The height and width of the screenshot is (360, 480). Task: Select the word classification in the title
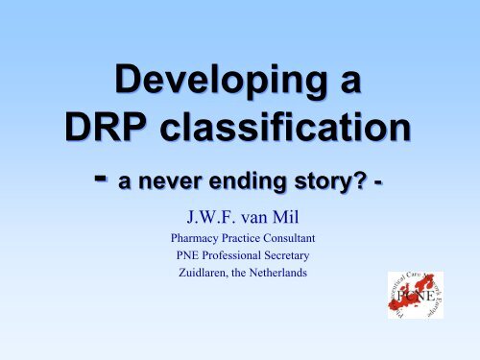click(278, 129)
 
